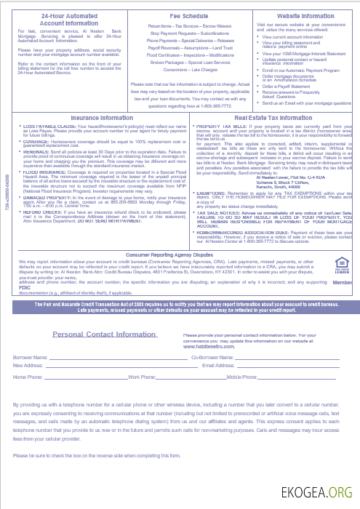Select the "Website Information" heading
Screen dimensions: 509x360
coord(306,15)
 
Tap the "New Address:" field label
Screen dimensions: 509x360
coord(28,365)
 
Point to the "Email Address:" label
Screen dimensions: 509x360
coord(218,365)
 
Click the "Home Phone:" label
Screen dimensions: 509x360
coord(28,378)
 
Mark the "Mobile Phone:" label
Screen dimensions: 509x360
coord(243,378)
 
